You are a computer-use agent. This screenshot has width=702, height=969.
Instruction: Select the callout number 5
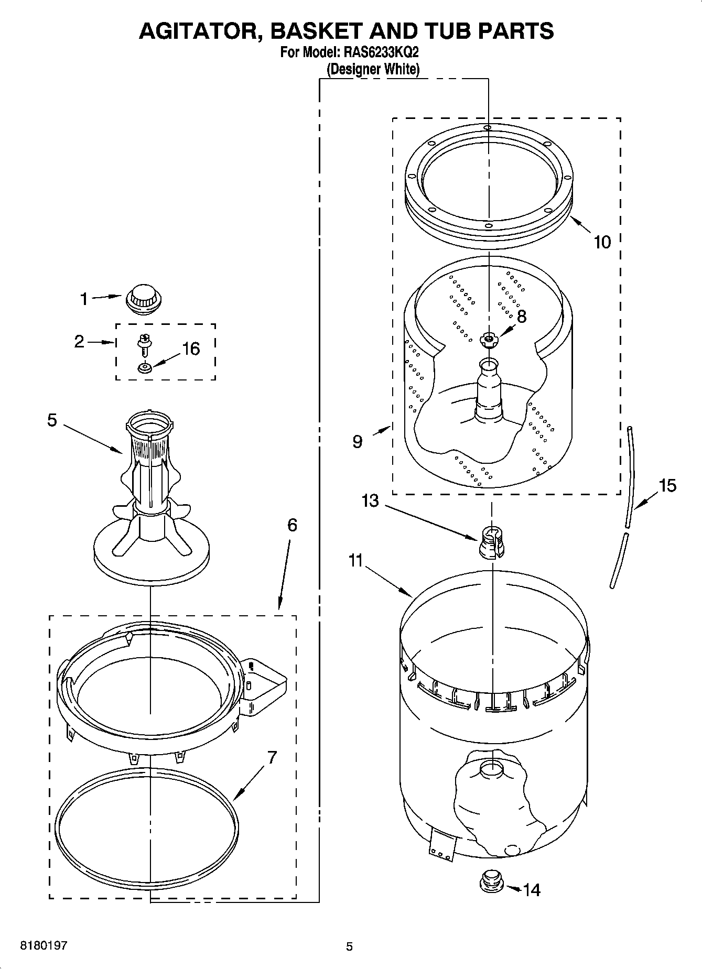tap(52, 420)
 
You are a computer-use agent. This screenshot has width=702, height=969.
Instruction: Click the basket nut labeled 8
tap(489, 339)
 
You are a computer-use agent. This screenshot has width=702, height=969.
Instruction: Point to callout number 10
tap(602, 242)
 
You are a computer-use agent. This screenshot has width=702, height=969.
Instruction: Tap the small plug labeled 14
tap(491, 881)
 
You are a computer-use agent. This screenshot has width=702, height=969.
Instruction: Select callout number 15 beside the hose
tap(667, 486)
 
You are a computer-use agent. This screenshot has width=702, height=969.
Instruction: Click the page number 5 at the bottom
tap(349, 946)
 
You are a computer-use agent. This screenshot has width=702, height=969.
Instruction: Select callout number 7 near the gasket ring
tap(272, 757)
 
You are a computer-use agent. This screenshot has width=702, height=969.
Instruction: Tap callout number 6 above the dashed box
tap(292, 525)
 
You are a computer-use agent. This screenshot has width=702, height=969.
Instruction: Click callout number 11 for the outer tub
tap(355, 560)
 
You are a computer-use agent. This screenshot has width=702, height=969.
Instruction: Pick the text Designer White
tap(373, 69)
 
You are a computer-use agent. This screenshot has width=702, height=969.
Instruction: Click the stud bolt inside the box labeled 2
tap(142, 345)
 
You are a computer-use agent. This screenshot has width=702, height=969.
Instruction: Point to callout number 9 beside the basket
tap(357, 442)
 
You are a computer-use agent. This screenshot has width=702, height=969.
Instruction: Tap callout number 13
tap(370, 500)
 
